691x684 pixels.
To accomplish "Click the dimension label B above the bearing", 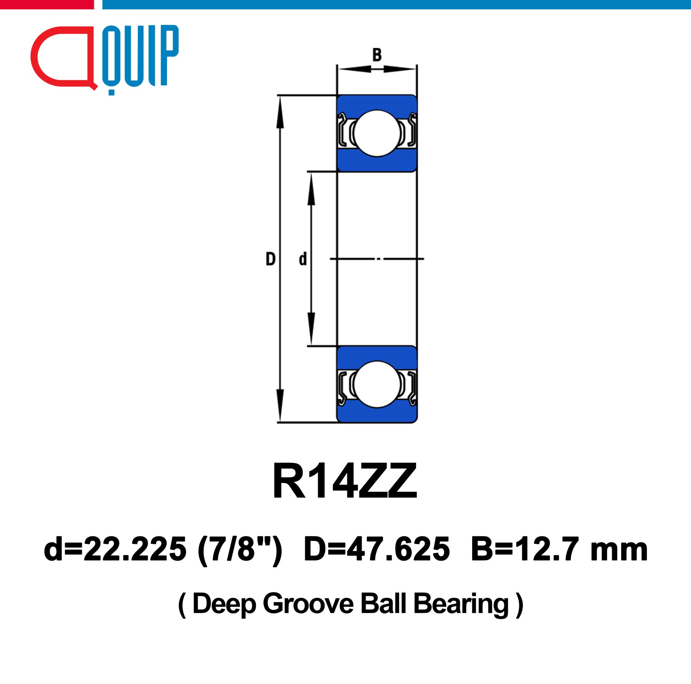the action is [x=377, y=55].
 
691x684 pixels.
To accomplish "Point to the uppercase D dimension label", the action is [x=271, y=259].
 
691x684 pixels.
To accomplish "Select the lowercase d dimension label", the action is [x=303, y=259].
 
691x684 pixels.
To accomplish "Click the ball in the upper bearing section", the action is [x=377, y=133].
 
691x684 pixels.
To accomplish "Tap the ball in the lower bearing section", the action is [x=377, y=384].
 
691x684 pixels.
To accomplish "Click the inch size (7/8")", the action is [x=240, y=550].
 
